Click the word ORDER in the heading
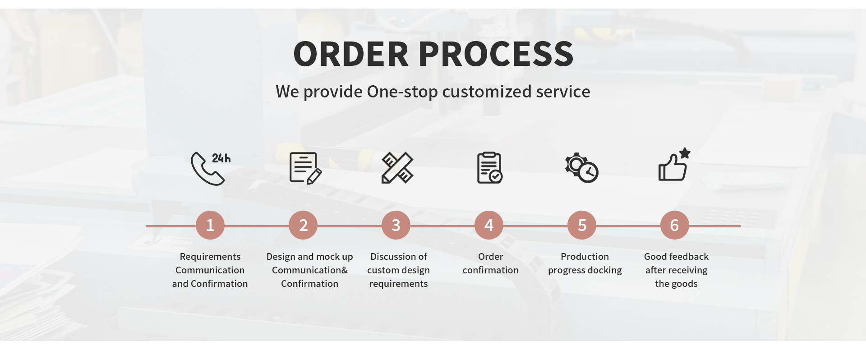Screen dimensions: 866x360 click(351, 54)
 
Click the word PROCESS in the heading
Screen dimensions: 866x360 click(496, 54)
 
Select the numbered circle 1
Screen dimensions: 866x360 click(210, 225)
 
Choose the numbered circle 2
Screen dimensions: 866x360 click(303, 225)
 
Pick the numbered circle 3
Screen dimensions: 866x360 click(396, 225)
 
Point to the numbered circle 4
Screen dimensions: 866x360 click(489, 225)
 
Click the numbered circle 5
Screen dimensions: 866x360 click(582, 225)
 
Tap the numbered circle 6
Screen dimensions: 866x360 click(675, 225)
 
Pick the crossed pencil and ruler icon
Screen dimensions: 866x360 click(397, 168)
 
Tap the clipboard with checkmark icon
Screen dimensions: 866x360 click(490, 168)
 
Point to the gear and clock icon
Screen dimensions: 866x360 click(582, 168)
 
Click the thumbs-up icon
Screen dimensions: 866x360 click(672, 168)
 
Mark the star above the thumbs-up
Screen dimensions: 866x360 click(685, 153)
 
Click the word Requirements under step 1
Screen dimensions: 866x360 click(210, 257)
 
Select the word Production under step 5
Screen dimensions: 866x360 click(585, 257)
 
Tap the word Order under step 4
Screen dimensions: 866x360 click(490, 257)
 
